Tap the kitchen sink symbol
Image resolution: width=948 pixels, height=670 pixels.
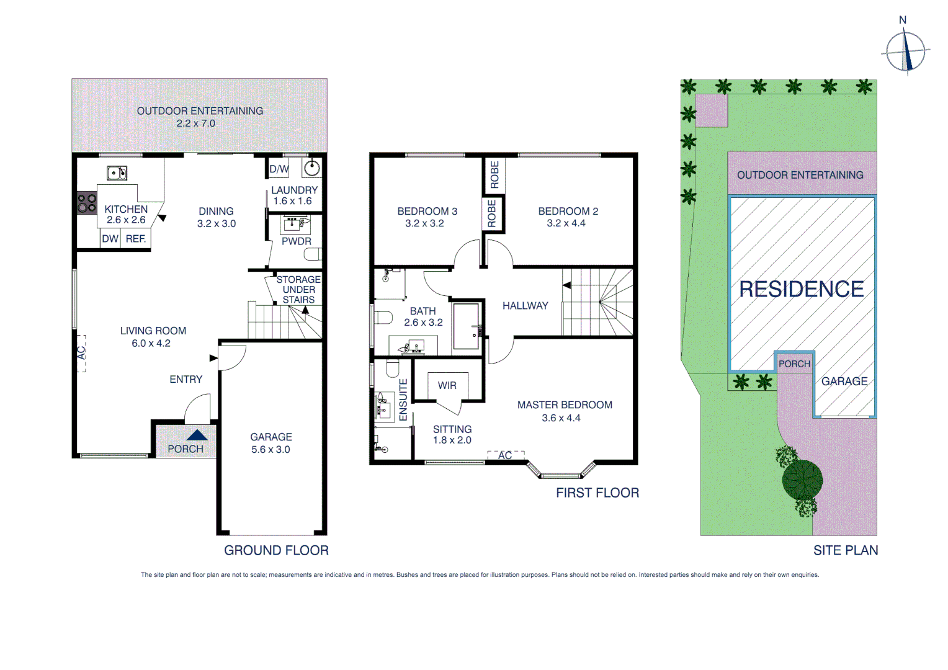(x=117, y=173)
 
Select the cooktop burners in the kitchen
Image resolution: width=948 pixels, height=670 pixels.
(x=87, y=203)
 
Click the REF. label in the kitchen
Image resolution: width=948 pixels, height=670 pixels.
(x=136, y=239)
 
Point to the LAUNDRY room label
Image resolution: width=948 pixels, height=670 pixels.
(x=294, y=190)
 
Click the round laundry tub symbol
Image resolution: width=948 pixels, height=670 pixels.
(x=311, y=167)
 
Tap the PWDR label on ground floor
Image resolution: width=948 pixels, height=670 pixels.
(x=296, y=241)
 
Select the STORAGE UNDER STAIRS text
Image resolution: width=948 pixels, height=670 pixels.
(x=298, y=290)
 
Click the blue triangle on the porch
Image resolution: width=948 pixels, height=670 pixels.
(x=197, y=435)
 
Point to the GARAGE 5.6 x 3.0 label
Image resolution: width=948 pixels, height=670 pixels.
(x=271, y=443)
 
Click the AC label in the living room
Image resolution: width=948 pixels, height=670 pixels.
(x=81, y=352)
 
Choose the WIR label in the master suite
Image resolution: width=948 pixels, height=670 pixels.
(x=447, y=386)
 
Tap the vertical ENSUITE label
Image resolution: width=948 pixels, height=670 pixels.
(x=403, y=400)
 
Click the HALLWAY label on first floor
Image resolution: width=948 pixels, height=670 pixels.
(x=525, y=306)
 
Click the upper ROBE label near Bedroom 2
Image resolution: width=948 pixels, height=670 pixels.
(x=494, y=174)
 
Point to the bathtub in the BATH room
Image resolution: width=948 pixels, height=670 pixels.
(x=467, y=326)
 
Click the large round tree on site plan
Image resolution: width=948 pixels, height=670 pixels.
(x=802, y=480)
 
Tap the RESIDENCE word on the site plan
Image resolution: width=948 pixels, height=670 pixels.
(x=801, y=289)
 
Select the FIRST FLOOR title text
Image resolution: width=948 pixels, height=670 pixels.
(x=597, y=493)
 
